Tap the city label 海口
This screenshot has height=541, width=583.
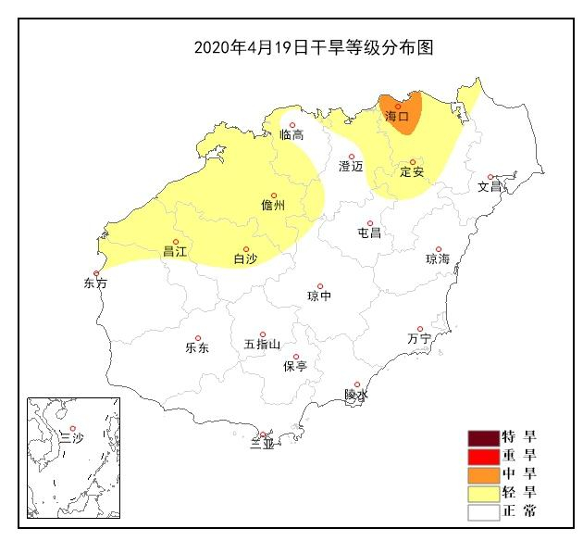pyautogui.click(x=396, y=118)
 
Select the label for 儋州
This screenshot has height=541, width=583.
pyautogui.click(x=274, y=207)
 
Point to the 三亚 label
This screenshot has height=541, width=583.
pyautogui.click(x=263, y=446)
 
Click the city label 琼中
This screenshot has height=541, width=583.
pyautogui.click(x=319, y=297)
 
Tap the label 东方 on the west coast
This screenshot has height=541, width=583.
pyautogui.click(x=95, y=283)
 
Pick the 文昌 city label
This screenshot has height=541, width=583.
pyautogui.click(x=490, y=187)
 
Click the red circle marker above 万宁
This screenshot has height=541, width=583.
pyautogui.click(x=420, y=329)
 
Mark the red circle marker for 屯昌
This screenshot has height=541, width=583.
pyautogui.click(x=369, y=222)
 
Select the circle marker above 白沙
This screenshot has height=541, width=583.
pyautogui.click(x=245, y=248)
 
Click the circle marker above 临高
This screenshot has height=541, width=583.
pyautogui.click(x=292, y=125)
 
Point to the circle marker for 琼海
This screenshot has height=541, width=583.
pyautogui.click(x=439, y=249)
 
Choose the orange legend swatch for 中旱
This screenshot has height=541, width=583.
pyautogui.click(x=483, y=474)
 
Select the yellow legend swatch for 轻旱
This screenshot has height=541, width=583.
pyautogui.click(x=483, y=493)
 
